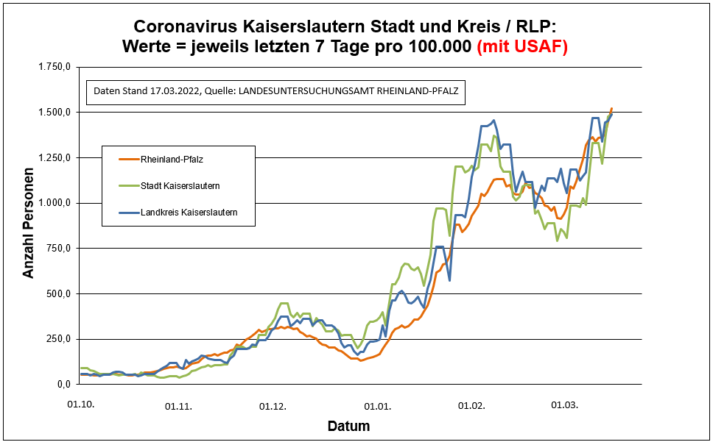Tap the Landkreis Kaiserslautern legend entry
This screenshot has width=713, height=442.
pos(188,213)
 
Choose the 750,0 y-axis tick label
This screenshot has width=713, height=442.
pos(58,249)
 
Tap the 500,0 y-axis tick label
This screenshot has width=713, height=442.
pos(58,294)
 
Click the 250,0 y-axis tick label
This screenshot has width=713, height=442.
pos(58,339)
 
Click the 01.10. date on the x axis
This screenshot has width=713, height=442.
pos(82,405)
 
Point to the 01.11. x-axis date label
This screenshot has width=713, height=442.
pos(178,405)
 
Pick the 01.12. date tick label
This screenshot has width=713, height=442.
pos(273,405)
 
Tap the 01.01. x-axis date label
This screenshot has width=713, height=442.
pos(377,405)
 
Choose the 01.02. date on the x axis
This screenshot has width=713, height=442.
pos(471,405)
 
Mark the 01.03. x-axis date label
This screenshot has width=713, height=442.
pos(565,405)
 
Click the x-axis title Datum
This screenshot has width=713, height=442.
pos(348,427)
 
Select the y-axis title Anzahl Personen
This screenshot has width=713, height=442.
pos(29,225)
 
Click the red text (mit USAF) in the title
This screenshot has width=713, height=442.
pos(522,46)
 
